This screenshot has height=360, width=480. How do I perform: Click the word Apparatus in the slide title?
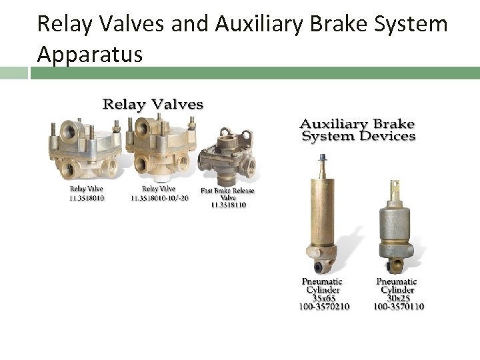tap(89, 54)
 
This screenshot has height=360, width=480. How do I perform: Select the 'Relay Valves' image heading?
tap(152, 104)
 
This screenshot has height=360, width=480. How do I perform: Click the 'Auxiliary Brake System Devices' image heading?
tap(357, 130)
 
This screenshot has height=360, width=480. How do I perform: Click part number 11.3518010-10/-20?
tap(160, 198)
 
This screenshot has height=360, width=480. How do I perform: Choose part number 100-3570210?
tap(325, 307)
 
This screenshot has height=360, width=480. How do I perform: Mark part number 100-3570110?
tap(398, 307)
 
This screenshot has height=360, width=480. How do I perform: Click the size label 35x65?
tap(324, 299)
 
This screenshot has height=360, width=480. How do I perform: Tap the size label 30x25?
tap(397, 299)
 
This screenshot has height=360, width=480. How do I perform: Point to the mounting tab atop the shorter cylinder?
tap(395, 187)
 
